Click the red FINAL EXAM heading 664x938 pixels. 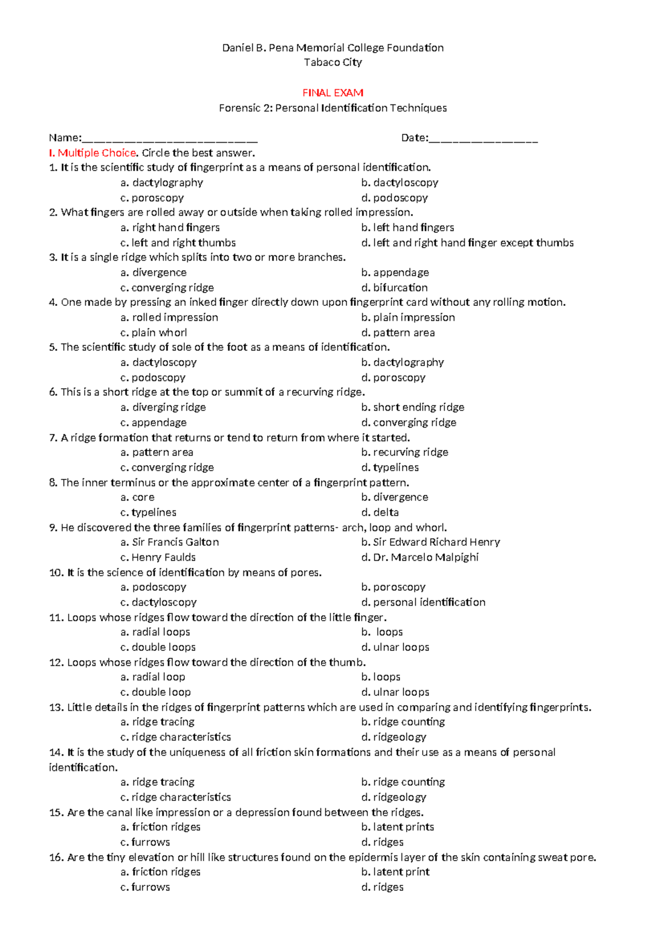coord(333,93)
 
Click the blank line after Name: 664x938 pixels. coord(170,139)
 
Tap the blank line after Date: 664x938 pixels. coord(483,139)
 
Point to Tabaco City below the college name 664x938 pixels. coord(333,62)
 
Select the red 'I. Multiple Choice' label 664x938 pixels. coord(92,153)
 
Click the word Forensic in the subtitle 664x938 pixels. coord(239,108)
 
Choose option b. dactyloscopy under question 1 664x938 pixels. coord(400,183)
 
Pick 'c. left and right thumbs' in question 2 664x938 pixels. coord(178,243)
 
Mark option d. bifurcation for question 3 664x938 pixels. coord(395,288)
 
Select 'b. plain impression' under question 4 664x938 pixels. coord(408,317)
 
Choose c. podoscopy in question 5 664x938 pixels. coord(153,378)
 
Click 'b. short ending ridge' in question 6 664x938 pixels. coord(413,408)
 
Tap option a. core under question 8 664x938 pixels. coord(138,497)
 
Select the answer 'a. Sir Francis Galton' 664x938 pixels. coord(170,543)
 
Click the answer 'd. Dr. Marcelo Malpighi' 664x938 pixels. coord(420,557)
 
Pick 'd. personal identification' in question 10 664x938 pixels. coord(423,602)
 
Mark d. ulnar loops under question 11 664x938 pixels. coord(395,647)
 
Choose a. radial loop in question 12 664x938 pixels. coord(153,677)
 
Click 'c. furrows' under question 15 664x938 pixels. coord(145,842)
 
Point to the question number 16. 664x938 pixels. coord(56,858)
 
